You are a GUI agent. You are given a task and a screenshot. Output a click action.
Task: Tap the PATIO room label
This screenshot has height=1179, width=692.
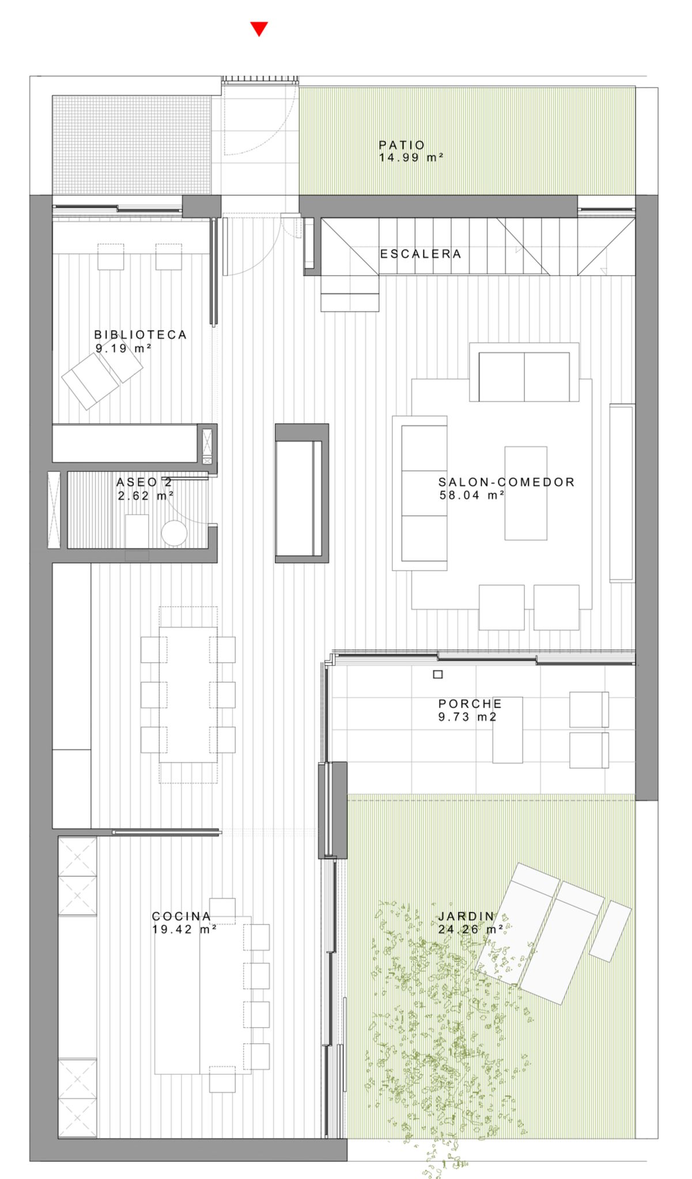(x=402, y=145)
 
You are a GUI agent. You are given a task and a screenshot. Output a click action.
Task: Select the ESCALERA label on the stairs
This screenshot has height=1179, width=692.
(x=421, y=253)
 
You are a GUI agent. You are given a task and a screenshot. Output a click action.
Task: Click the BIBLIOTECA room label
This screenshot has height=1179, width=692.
(x=141, y=334)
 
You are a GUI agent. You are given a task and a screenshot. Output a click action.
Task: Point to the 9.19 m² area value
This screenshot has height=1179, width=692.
(x=123, y=348)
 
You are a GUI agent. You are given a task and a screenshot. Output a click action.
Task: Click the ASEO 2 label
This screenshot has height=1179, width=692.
(x=144, y=482)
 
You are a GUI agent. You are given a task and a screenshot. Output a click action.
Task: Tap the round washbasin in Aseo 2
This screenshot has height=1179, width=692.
(x=175, y=533)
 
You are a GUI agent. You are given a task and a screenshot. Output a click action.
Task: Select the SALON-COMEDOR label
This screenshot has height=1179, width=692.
(x=506, y=482)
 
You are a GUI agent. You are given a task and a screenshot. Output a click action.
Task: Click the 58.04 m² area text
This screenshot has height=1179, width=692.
(x=472, y=495)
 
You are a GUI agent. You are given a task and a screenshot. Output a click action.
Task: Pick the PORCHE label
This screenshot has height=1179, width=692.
(x=470, y=703)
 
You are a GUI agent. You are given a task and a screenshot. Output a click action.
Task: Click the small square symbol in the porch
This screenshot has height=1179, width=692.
(x=438, y=674)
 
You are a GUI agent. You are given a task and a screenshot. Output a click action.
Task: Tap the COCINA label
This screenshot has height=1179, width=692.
(x=181, y=916)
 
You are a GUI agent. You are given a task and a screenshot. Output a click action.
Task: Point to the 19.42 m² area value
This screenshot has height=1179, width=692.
(x=184, y=929)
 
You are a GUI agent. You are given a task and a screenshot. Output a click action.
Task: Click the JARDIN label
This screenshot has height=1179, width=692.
(x=466, y=916)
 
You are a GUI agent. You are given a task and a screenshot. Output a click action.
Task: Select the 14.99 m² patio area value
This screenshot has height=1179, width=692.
(x=411, y=157)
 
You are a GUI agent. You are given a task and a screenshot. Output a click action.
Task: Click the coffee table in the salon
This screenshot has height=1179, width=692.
(x=526, y=493)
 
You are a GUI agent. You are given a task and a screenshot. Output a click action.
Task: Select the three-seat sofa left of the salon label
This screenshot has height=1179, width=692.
(x=419, y=493)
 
